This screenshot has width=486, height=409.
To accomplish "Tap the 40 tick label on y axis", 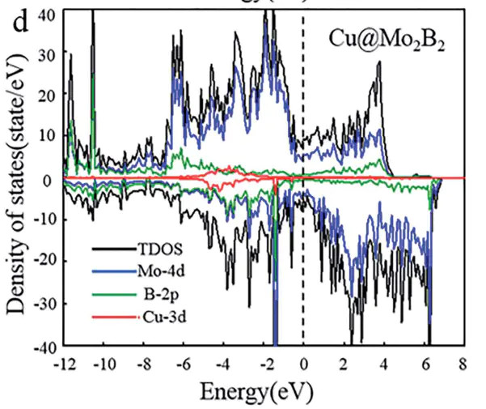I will [x=47, y=14].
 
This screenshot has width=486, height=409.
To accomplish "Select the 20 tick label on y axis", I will [x=47, y=96].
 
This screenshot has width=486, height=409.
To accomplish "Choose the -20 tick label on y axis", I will [x=44, y=263].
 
